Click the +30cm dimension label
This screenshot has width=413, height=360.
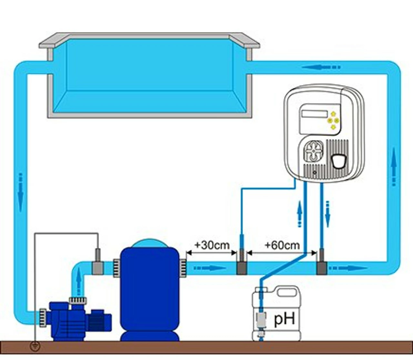click(212, 245)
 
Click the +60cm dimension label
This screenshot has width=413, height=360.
click(282, 245)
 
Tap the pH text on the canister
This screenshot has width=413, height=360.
click(284, 319)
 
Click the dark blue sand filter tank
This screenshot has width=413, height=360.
click(149, 290)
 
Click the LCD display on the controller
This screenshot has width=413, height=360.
click(314, 114)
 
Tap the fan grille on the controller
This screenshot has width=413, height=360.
click(314, 151)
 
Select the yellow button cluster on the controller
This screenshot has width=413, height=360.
click(333, 120)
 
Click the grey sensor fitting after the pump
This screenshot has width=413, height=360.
click(98, 267)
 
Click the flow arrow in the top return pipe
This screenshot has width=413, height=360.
click(321, 67)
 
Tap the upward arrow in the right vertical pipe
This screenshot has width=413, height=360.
click(394, 166)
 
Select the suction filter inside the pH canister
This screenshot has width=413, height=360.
click(261, 319)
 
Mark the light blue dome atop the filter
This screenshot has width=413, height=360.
click(149, 243)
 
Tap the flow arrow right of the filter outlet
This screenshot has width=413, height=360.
click(210, 268)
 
